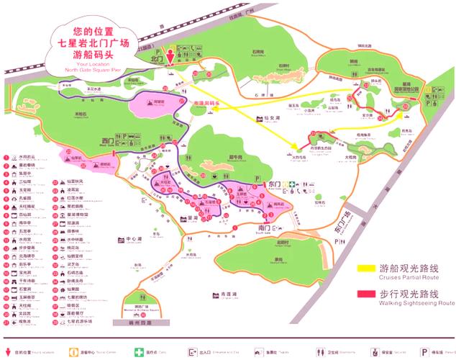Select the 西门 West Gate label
pos(108,141)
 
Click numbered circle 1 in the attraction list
pos(5,156)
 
